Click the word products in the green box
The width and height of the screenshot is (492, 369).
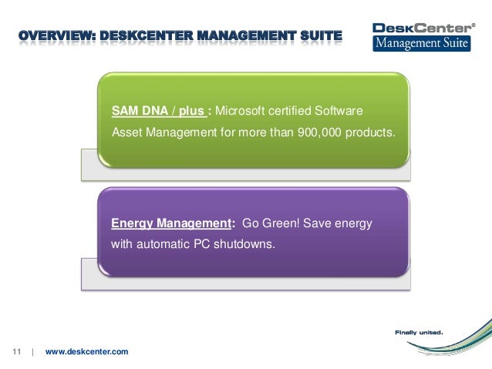point(373,132)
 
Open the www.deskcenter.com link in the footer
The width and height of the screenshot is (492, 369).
point(87,352)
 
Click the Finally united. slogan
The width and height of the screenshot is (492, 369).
point(419,333)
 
